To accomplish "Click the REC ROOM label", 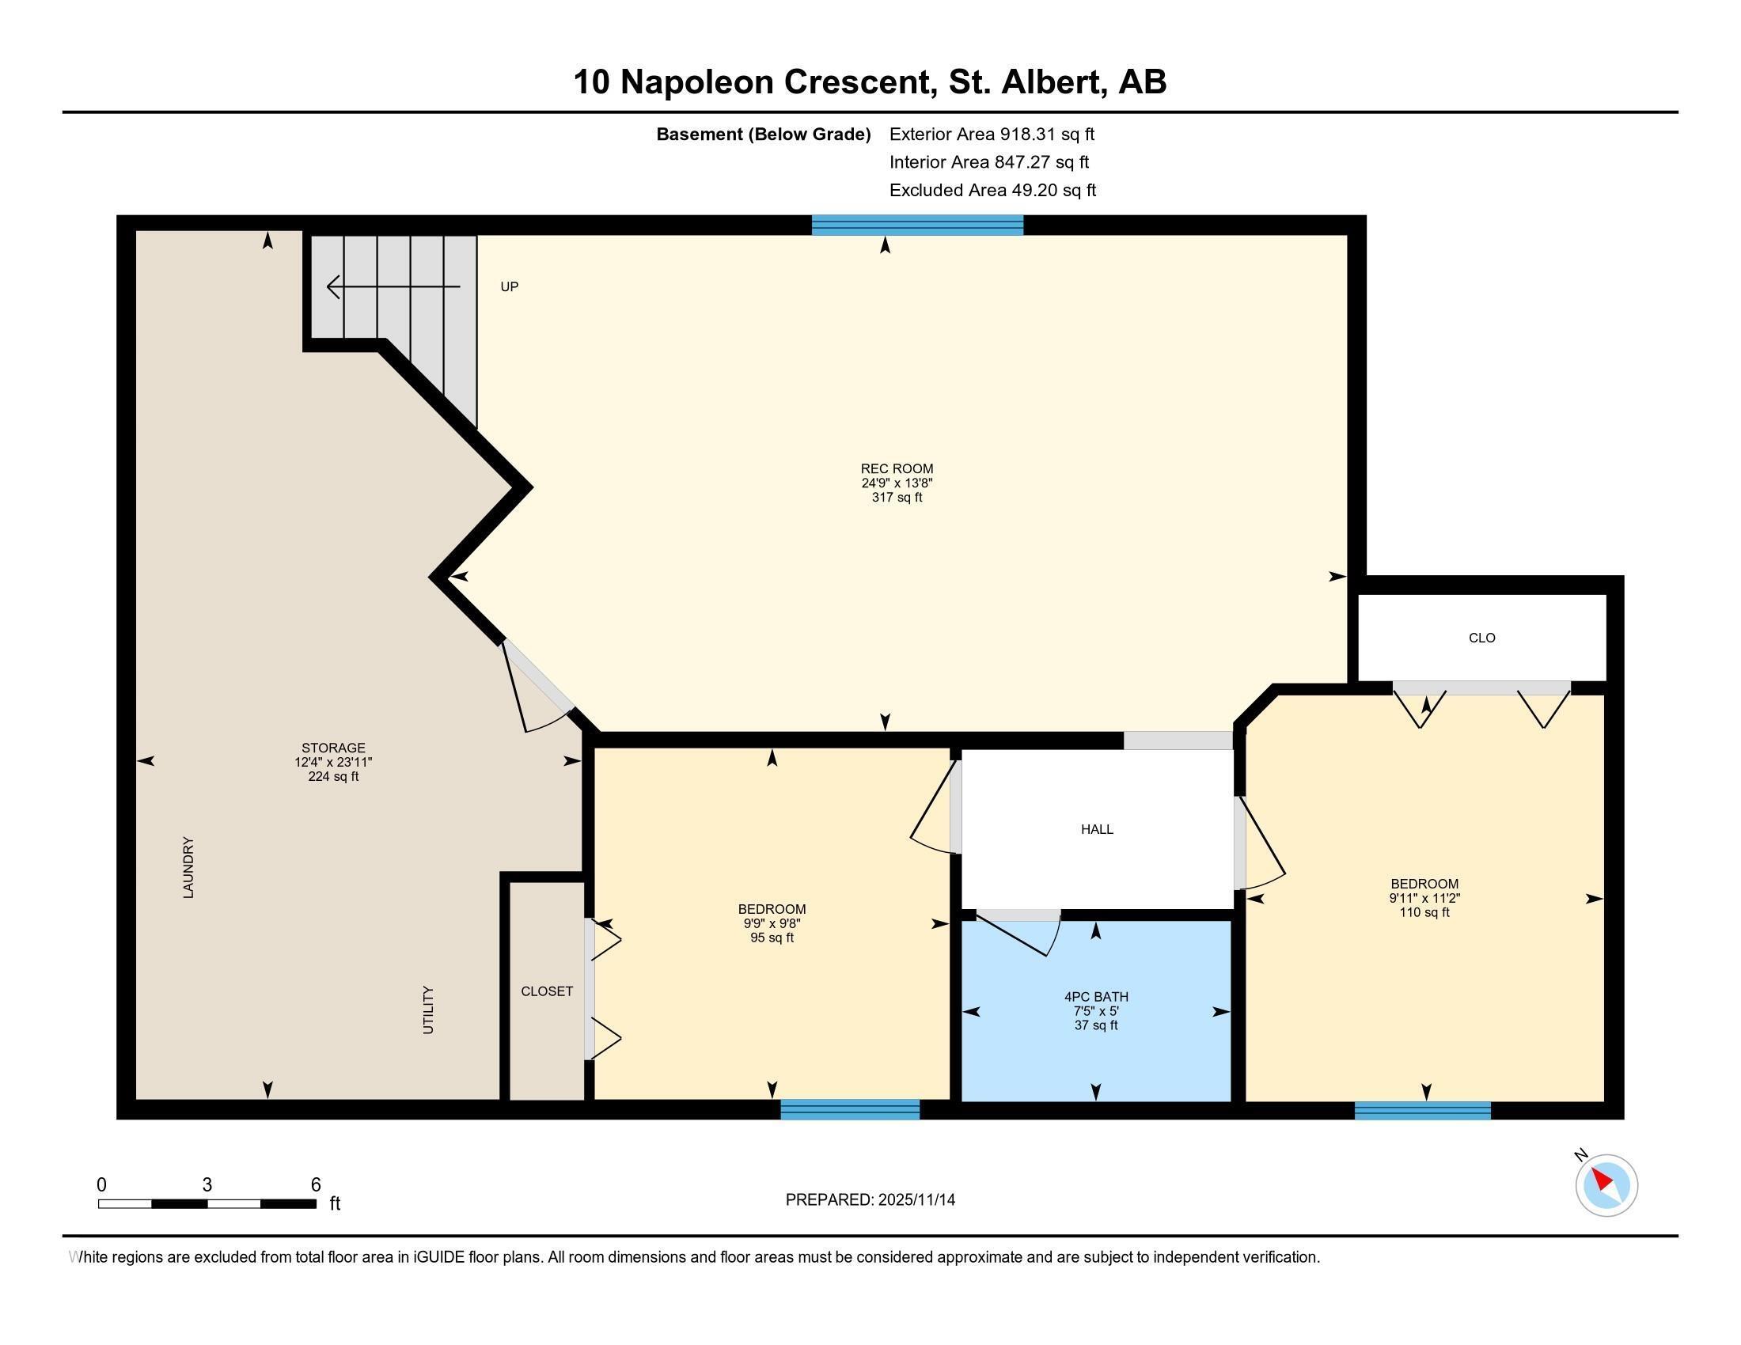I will [x=896, y=468].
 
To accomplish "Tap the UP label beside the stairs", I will [x=509, y=287].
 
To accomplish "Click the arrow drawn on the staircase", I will [x=393, y=286].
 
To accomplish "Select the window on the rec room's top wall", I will [x=916, y=225].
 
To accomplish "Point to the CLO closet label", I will [x=1481, y=638].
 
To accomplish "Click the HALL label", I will [x=1096, y=829].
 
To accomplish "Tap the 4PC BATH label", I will [x=1095, y=997].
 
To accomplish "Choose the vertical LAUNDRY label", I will [x=189, y=867].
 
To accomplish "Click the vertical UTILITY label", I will [x=428, y=1010].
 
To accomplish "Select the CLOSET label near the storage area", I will [x=546, y=991].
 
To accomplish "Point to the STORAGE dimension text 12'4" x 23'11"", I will [x=333, y=763].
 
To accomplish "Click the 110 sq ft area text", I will [x=1424, y=912].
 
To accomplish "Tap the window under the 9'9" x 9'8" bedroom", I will [x=849, y=1109].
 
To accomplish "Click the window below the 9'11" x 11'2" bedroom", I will [x=1422, y=1110].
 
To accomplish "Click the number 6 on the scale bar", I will [x=316, y=1185].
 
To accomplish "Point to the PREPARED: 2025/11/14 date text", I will [x=870, y=1200].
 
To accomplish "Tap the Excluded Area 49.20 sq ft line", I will [x=992, y=191].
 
